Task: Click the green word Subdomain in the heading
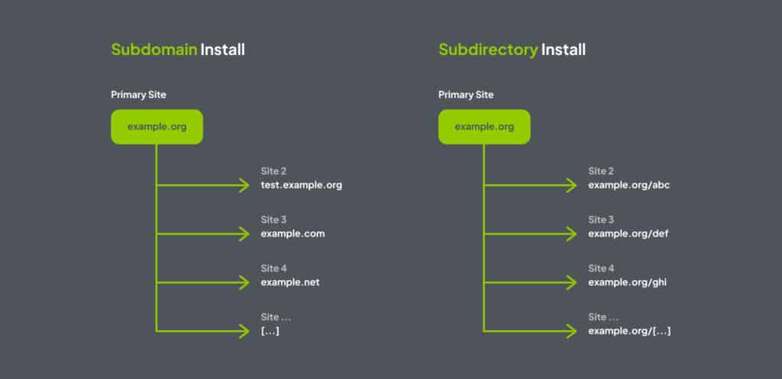(153, 50)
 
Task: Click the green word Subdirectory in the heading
(488, 50)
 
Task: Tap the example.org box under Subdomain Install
(157, 126)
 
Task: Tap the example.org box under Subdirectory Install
(483, 126)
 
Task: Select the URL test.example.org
(302, 185)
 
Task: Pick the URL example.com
(292, 233)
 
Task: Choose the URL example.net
(290, 282)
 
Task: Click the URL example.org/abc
(629, 185)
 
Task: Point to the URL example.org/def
(629, 233)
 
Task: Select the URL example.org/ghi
(629, 282)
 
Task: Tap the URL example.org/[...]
(630, 331)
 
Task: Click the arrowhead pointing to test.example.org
(244, 185)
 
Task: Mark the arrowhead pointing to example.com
(244, 233)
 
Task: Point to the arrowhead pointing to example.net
(244, 282)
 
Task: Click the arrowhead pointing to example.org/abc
(571, 185)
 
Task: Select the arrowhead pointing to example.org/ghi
(571, 282)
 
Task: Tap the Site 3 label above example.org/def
(601, 219)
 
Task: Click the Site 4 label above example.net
(273, 268)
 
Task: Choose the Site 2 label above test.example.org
(273, 171)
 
